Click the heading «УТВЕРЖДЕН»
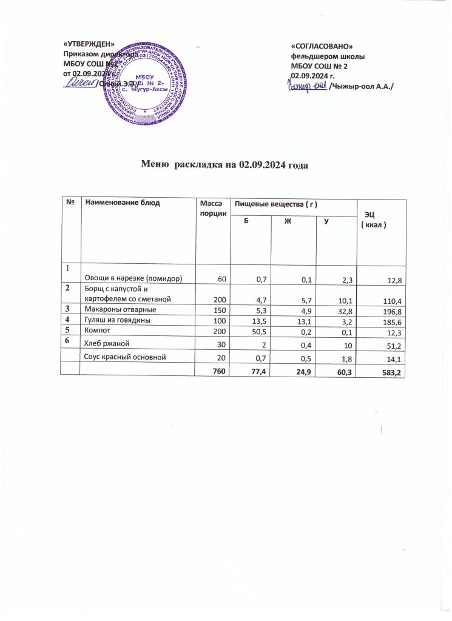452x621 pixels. [89, 43]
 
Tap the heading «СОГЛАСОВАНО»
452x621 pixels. [322, 47]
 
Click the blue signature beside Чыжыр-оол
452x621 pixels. [306, 86]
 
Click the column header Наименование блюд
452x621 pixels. [122, 203]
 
